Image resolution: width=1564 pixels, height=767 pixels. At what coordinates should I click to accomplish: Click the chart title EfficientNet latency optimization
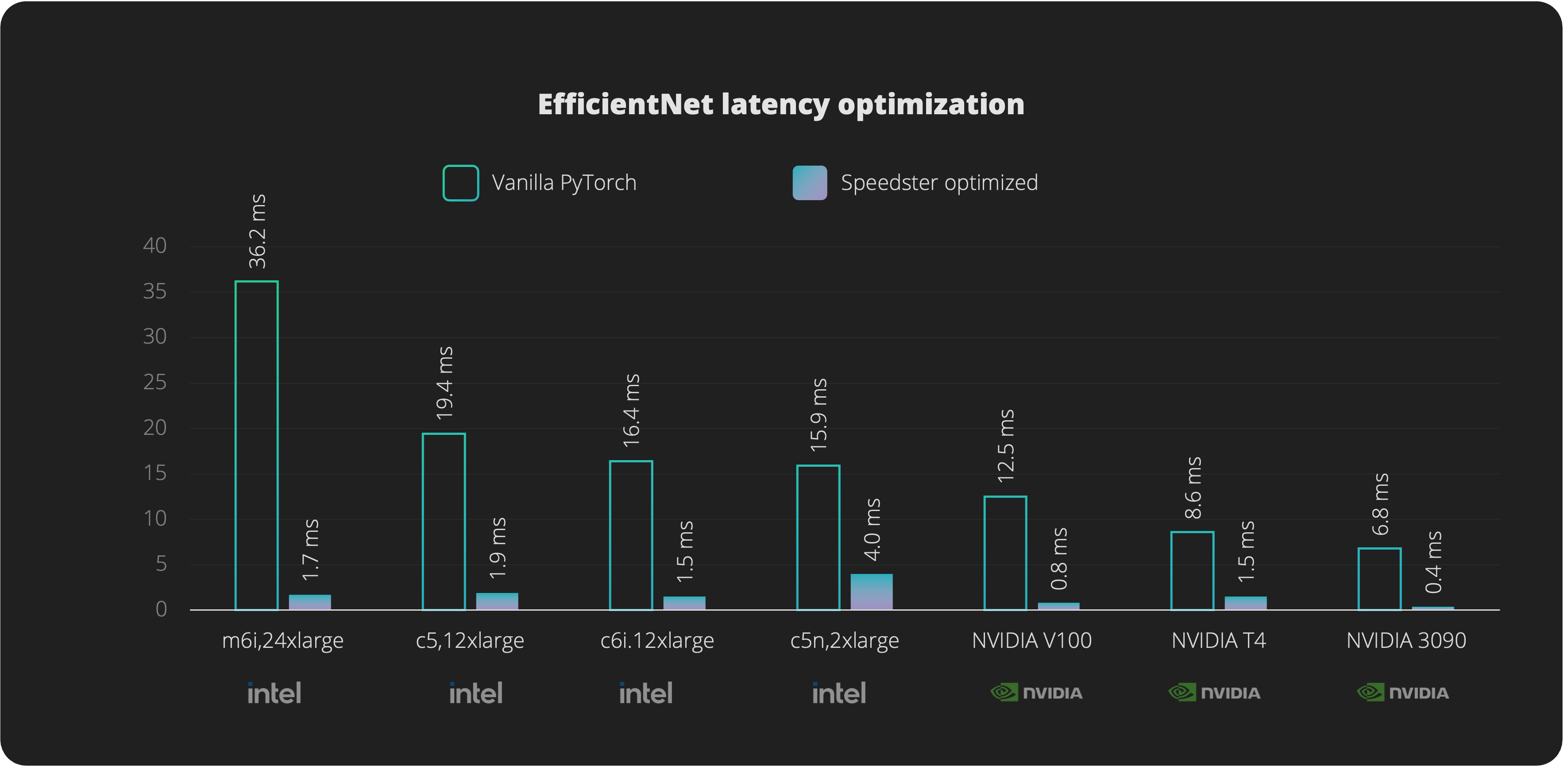[781, 105]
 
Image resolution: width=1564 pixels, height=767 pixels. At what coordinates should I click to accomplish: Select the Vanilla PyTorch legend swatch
[460, 183]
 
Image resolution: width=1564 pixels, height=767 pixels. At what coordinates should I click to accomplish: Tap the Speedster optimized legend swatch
[809, 183]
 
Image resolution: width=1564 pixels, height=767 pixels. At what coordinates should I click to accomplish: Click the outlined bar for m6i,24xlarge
[257, 445]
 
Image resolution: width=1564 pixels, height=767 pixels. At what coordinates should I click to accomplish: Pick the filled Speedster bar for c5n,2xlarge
[871, 592]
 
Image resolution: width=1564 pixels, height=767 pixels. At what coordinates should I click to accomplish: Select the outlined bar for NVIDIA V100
[1005, 553]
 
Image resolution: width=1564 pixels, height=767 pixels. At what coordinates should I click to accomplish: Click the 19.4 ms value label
[445, 383]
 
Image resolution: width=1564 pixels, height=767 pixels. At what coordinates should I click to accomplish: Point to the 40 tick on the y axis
[155, 246]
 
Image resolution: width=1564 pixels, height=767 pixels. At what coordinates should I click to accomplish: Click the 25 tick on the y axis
[155, 383]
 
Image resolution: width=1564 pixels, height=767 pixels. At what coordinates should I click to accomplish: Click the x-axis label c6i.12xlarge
[657, 641]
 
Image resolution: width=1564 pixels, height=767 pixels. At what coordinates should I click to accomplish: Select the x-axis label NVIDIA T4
[1219, 641]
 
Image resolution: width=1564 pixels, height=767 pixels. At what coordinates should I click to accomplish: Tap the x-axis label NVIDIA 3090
[1406, 641]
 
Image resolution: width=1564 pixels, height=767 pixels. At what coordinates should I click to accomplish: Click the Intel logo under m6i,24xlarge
[274, 693]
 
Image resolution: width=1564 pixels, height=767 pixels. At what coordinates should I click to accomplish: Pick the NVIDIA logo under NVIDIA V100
[1036, 693]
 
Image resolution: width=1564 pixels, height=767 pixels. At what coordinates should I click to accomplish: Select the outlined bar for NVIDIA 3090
[1379, 579]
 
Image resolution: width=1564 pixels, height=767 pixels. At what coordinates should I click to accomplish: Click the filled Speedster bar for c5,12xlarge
[497, 601]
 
